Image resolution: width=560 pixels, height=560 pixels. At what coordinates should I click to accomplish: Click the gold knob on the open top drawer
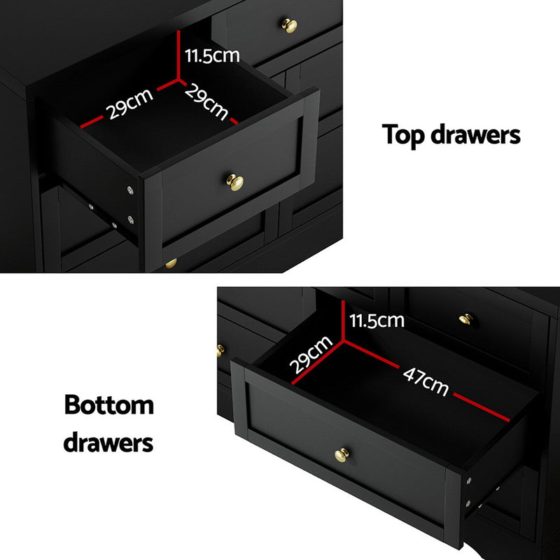click(x=236, y=183)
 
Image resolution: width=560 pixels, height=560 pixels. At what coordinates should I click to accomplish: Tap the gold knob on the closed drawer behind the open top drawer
click(x=288, y=25)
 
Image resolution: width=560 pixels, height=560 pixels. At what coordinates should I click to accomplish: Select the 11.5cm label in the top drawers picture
click(x=212, y=56)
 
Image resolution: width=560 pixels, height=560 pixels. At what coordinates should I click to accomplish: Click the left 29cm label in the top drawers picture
click(x=129, y=104)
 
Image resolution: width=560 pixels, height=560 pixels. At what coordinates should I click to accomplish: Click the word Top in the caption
click(x=404, y=134)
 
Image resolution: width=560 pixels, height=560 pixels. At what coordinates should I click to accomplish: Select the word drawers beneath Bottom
click(x=108, y=442)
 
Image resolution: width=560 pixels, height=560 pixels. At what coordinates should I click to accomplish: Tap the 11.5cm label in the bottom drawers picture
click(x=377, y=321)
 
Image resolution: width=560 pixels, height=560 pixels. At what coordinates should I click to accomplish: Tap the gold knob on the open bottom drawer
click(x=342, y=455)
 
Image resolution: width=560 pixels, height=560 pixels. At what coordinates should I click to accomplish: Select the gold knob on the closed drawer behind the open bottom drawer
click(x=465, y=319)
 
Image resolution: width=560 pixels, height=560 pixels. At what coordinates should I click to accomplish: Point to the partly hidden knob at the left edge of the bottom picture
click(x=220, y=350)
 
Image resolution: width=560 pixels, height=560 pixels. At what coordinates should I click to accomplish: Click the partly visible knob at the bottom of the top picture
click(x=171, y=263)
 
